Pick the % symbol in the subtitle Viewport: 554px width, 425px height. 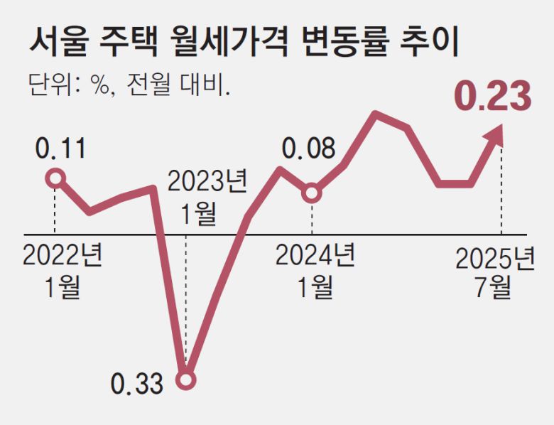pyautogui.click(x=100, y=85)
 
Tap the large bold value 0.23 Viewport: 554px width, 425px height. pyautogui.click(x=492, y=97)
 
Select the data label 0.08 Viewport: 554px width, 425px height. pyautogui.click(x=308, y=149)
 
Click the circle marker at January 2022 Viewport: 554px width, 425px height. pyautogui.click(x=55, y=178)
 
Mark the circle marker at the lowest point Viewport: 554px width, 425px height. pyautogui.click(x=186, y=382)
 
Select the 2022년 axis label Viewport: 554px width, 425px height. pyautogui.click(x=62, y=256)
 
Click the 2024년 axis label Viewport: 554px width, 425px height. pyautogui.click(x=315, y=256)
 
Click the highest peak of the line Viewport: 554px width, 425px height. pyautogui.click(x=375, y=114)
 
